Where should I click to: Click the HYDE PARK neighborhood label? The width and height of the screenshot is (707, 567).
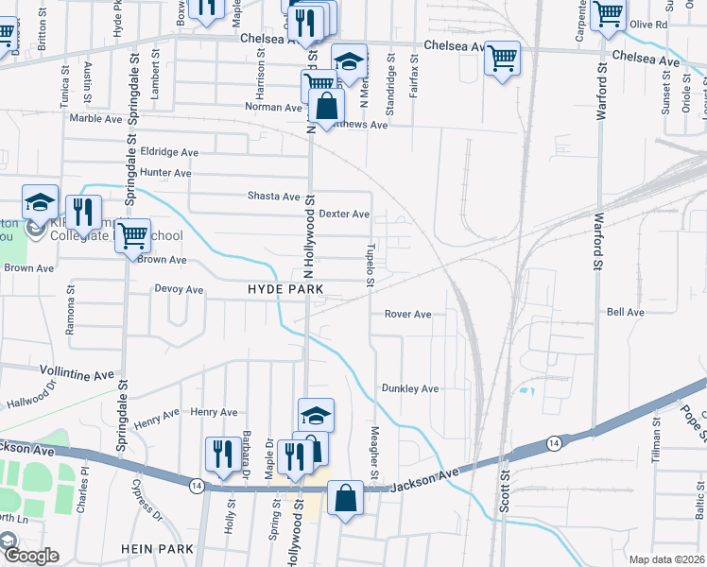point(285,288)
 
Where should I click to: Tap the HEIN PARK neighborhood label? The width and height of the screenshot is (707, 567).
point(158,549)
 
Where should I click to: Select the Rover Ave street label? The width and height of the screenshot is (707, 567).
point(407,314)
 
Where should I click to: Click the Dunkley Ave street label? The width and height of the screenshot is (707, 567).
point(410,388)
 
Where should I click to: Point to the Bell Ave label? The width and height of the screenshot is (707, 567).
point(626,312)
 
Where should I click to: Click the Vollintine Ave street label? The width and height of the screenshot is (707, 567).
point(78,374)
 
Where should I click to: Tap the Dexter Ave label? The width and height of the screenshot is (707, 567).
point(344,215)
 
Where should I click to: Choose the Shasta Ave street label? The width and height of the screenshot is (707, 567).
point(273,197)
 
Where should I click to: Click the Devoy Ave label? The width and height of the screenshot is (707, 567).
point(179,289)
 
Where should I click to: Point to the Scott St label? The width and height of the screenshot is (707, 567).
point(505,491)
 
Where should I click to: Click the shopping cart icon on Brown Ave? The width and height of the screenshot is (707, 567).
point(133,235)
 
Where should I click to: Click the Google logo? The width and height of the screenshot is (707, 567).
point(30,556)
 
